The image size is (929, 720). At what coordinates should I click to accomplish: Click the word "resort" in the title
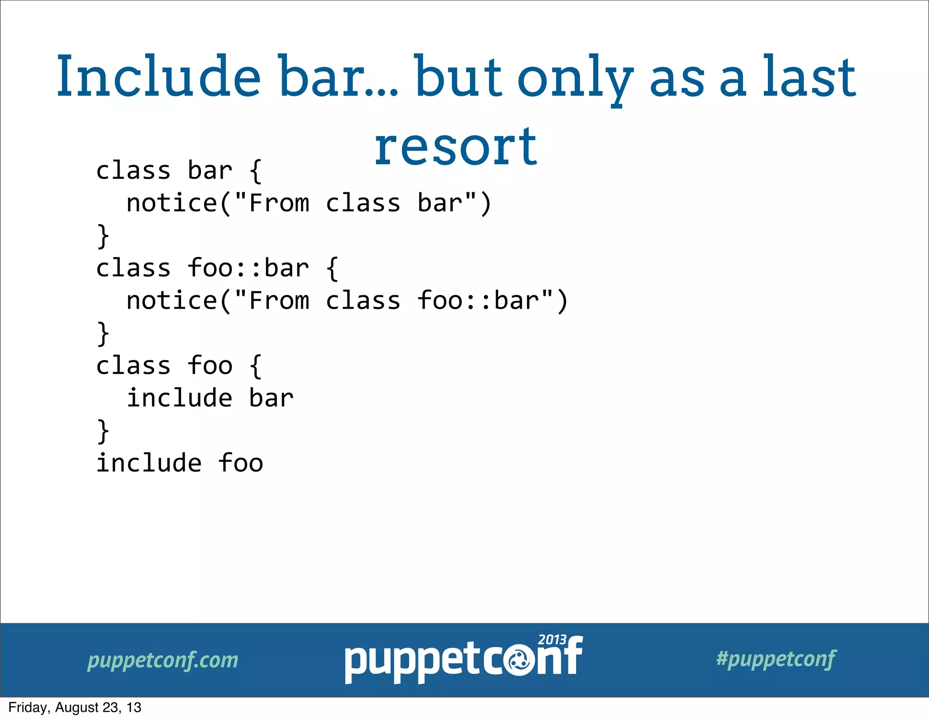455,146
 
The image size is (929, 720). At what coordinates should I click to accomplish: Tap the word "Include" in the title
158,76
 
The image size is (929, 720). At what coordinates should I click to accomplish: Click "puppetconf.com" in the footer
163,661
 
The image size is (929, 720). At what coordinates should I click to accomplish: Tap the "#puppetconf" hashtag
776,659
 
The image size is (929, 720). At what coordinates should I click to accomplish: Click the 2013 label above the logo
552,640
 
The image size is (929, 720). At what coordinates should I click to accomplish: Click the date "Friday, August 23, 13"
75,708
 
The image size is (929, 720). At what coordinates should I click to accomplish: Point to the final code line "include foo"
180,463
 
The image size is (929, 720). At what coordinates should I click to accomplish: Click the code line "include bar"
210,398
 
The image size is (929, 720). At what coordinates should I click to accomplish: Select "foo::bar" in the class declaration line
248,268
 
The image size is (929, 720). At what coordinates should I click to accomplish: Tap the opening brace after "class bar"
256,171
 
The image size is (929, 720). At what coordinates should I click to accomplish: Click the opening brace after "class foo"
256,366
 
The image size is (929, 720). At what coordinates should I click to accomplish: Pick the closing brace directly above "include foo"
103,431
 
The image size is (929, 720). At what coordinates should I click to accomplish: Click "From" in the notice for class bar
279,203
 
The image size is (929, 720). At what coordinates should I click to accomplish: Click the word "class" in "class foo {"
133,366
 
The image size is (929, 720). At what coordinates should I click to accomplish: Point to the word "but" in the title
458,76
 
